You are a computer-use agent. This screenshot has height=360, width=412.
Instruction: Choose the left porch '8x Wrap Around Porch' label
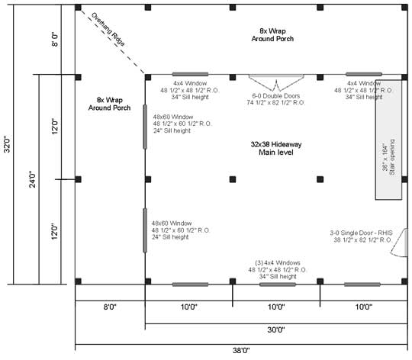click(109, 104)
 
